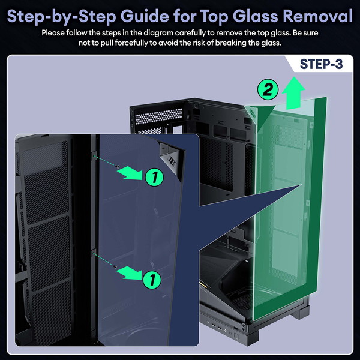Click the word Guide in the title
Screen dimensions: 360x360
tap(145, 16)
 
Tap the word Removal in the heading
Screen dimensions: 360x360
tap(317, 16)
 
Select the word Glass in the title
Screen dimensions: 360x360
tap(256, 16)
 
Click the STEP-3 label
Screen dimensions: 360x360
tap(321, 64)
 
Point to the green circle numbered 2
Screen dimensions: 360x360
tap(268, 89)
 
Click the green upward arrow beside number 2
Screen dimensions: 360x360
tap(293, 93)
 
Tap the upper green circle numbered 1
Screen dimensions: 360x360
tap(154, 177)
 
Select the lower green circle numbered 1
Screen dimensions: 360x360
tap(152, 280)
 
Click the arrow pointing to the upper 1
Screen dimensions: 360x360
tap(131, 173)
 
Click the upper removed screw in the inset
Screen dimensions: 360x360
tap(118, 166)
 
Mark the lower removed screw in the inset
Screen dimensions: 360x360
tap(115, 267)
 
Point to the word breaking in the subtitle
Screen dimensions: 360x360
tap(230, 43)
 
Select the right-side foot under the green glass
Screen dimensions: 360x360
tap(301, 313)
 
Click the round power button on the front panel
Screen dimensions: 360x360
tap(225, 331)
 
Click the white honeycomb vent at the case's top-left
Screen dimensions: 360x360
tap(158, 116)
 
